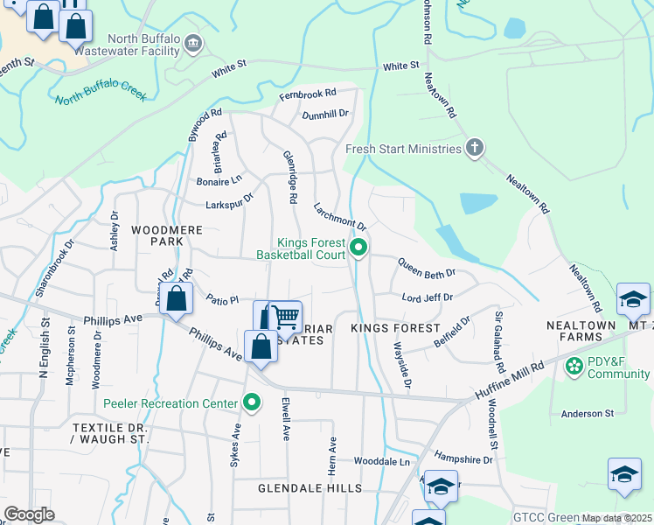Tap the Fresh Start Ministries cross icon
pyautogui.click(x=474, y=148)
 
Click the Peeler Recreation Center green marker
pyautogui.click(x=252, y=402)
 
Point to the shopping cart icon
pyautogui.click(x=285, y=318)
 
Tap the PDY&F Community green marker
pyautogui.click(x=574, y=365)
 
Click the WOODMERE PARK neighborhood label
pyautogui.click(x=157, y=235)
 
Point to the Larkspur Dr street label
pyautogui.click(x=228, y=199)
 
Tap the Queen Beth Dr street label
pyautogui.click(x=426, y=267)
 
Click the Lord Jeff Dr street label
pyautogui.click(x=427, y=297)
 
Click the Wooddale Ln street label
pyautogui.click(x=381, y=461)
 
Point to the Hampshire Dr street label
pyautogui.click(x=463, y=458)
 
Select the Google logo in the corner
pyautogui.click(x=29, y=514)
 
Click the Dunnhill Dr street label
pyautogui.click(x=324, y=114)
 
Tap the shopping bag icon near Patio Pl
pyautogui.click(x=177, y=298)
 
